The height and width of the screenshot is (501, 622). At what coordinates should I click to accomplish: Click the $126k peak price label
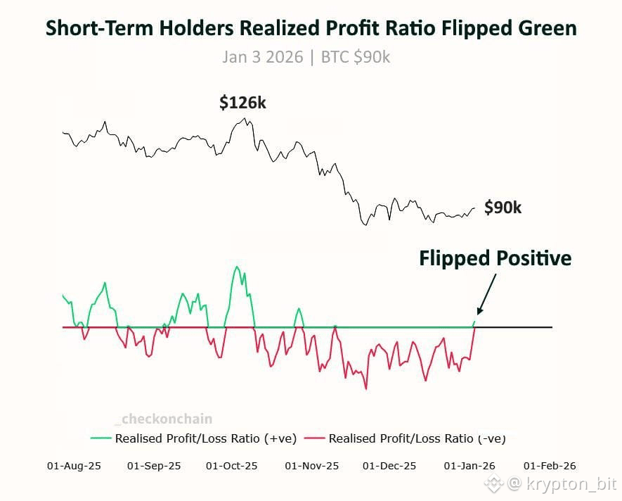(242, 103)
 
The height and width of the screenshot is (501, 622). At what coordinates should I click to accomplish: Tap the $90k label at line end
(503, 208)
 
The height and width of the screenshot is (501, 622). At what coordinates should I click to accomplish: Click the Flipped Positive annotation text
(495, 258)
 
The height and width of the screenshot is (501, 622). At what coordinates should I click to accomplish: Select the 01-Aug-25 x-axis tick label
(74, 466)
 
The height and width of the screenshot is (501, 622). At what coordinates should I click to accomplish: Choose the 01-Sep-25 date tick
(154, 466)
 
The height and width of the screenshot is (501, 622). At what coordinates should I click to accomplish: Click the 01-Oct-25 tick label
(232, 466)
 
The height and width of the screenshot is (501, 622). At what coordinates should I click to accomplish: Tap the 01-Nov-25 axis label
(311, 466)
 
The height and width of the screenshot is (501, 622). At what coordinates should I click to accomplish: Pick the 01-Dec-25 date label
(389, 466)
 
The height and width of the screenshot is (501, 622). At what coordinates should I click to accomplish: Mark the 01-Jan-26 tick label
(469, 466)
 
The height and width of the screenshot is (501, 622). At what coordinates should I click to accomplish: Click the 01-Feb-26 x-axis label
(549, 466)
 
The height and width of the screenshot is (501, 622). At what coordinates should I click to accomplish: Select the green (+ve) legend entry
(194, 438)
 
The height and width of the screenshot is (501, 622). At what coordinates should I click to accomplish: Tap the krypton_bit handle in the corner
(562, 484)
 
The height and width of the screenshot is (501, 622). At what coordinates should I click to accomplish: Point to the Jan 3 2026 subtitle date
(263, 57)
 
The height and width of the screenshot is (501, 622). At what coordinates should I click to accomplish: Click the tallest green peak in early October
(237, 267)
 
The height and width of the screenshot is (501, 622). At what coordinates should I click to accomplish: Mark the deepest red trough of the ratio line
(366, 388)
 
